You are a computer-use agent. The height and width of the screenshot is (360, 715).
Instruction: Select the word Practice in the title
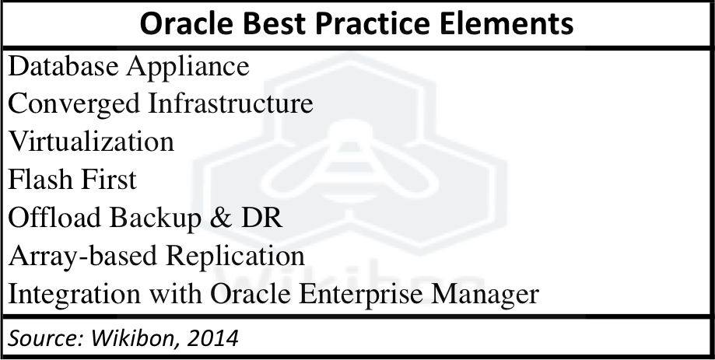(373, 23)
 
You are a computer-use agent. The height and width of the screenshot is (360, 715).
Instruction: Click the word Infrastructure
(231, 103)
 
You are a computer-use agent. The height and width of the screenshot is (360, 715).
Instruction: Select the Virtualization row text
(91, 142)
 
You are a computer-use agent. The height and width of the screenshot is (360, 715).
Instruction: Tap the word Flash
(39, 179)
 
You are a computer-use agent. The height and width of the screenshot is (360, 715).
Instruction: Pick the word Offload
(55, 217)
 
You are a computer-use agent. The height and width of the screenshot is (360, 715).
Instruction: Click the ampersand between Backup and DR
(221, 218)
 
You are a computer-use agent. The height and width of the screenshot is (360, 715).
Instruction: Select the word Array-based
(83, 257)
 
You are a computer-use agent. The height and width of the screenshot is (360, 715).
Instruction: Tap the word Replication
(235, 257)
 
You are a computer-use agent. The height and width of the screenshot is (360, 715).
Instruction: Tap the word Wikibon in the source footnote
(135, 338)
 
